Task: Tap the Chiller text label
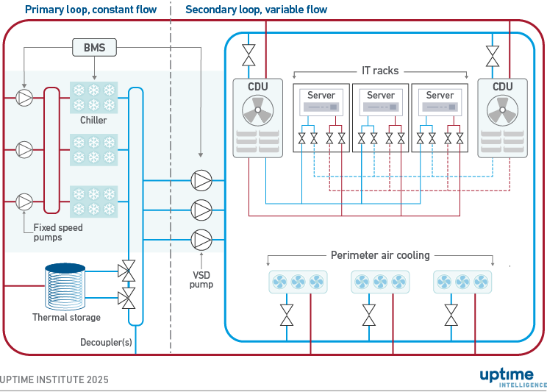pyautogui.click(x=93, y=120)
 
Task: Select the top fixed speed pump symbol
pyautogui.click(x=25, y=96)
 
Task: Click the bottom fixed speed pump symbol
pyautogui.click(x=25, y=201)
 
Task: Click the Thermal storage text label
pyautogui.click(x=66, y=318)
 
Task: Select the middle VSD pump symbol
pyautogui.click(x=201, y=209)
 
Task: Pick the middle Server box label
pyautogui.click(x=381, y=96)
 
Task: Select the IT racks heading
pyautogui.click(x=380, y=71)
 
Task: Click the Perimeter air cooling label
pyautogui.click(x=380, y=255)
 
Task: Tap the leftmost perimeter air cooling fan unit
pyautogui.click(x=298, y=282)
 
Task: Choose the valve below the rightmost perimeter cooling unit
pyautogui.click(x=451, y=315)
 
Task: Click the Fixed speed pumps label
pyautogui.click(x=58, y=232)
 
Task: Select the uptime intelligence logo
pyautogui.click(x=513, y=377)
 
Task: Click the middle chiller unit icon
pyautogui.click(x=93, y=149)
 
